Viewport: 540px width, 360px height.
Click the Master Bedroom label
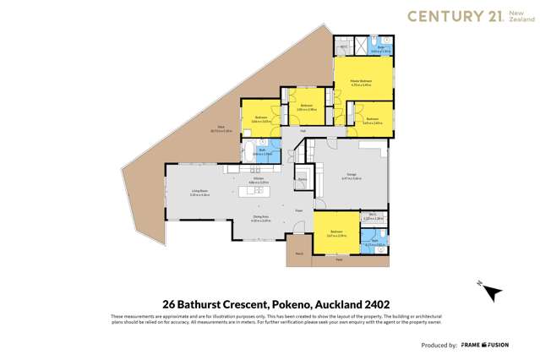coord(363,81)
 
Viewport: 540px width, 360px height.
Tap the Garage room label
coord(351,175)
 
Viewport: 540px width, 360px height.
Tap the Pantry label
coord(301,179)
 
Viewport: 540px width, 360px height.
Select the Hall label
coord(303,131)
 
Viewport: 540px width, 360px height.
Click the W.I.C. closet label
coord(373,215)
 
